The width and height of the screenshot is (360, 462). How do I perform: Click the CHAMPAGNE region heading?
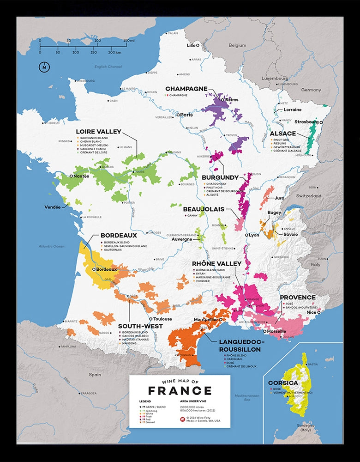tap(186, 89)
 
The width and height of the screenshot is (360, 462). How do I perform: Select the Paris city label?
tap(186, 115)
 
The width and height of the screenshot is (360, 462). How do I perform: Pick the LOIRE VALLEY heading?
tap(98, 132)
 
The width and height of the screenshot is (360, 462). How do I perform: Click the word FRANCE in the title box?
tap(180, 391)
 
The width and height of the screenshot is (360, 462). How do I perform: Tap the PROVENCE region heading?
tap(298, 298)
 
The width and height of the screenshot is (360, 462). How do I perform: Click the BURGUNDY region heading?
tap(220, 177)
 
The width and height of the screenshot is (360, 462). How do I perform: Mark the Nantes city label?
tap(80, 176)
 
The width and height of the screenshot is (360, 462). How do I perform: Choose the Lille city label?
tap(191, 45)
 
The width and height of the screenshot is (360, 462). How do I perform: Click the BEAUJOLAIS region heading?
tap(204, 209)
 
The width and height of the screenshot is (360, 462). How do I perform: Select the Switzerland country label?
tap(308, 195)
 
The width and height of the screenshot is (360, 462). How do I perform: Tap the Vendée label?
tap(52, 207)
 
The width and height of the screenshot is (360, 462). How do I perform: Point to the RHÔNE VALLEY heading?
tap(217, 263)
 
